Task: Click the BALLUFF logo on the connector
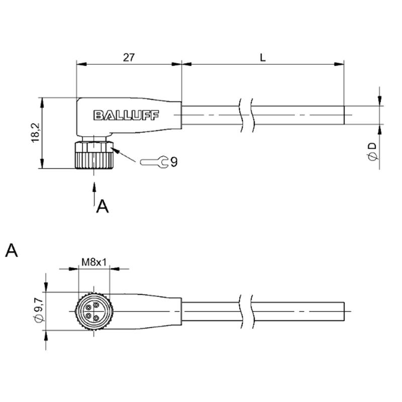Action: point(126,116)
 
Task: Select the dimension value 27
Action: point(129,57)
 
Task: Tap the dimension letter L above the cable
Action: point(263,58)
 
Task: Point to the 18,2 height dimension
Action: point(35,133)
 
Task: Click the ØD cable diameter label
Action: point(372,152)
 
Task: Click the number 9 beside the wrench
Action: point(174,162)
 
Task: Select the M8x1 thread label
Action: point(94,262)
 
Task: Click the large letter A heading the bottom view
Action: point(12,250)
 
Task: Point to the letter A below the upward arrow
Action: point(103,207)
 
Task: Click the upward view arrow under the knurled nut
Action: point(94,194)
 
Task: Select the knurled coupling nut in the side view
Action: point(94,155)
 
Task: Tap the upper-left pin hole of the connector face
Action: point(89,308)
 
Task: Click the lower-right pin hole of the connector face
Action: point(96,319)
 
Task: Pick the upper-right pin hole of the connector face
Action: point(96,305)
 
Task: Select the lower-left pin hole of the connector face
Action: point(89,316)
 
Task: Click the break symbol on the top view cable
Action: point(247,116)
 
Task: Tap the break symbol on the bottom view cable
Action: point(247,312)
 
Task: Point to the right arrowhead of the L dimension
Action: point(339,64)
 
